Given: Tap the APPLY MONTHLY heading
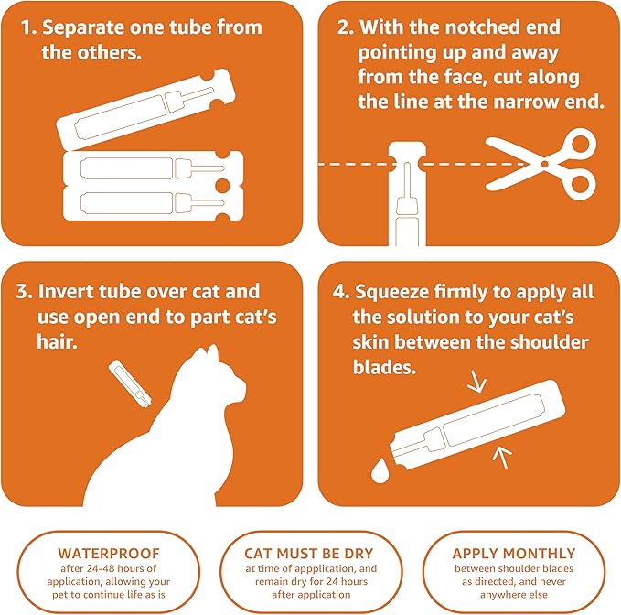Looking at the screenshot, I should (514, 554).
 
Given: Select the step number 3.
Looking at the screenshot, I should (25, 292).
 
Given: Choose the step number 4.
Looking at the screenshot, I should (340, 292).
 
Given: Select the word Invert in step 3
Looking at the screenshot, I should (70, 292).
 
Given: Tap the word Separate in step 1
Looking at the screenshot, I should (88, 27).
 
